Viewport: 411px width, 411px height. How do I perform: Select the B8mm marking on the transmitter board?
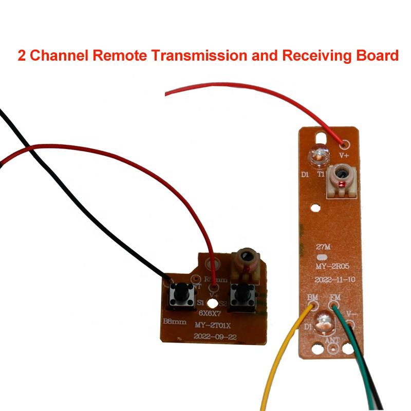click(x=174, y=322)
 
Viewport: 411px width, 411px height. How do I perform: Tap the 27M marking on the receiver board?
click(x=322, y=248)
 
